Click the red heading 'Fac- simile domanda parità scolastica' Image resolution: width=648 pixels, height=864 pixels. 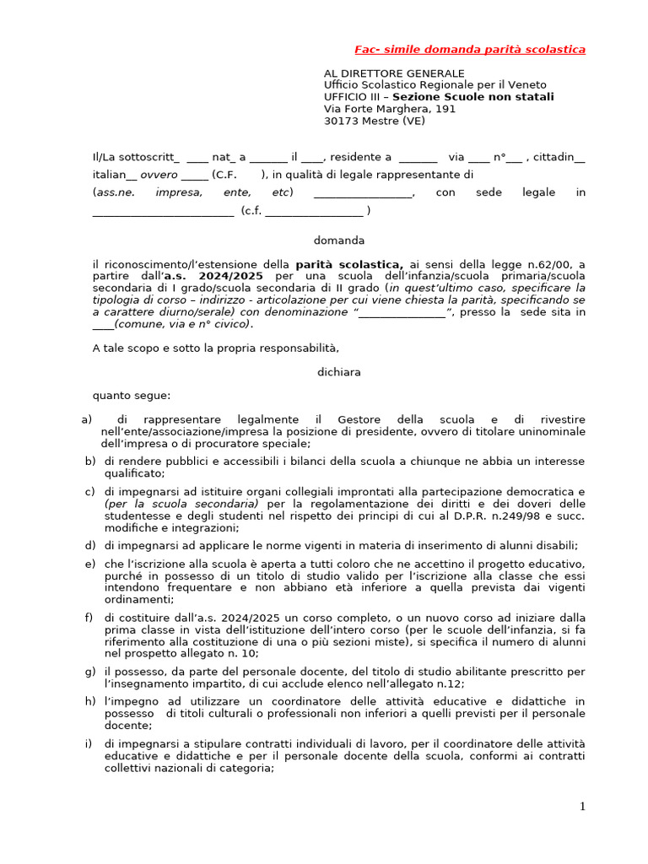click(469, 50)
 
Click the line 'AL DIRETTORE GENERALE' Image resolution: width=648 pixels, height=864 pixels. click(394, 73)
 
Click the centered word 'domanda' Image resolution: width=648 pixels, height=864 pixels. click(339, 240)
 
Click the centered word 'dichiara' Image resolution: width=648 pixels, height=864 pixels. click(339, 371)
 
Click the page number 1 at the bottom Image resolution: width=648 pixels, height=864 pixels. click(581, 807)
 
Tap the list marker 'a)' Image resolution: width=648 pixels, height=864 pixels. click(86, 419)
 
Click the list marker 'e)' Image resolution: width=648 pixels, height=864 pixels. click(89, 563)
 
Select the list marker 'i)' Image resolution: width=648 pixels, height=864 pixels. click(89, 743)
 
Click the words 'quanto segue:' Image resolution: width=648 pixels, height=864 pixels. click(131, 395)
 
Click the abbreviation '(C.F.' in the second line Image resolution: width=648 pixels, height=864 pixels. click(225, 175)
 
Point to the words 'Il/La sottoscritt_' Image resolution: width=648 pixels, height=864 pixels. click(136, 157)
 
